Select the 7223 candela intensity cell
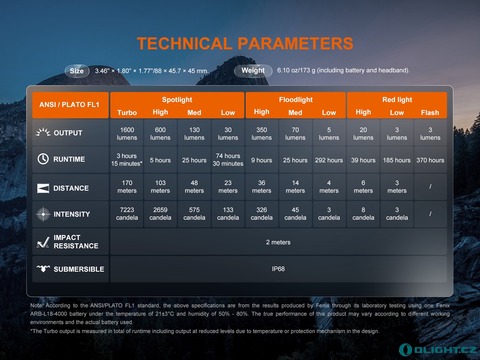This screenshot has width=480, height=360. coord(127,214)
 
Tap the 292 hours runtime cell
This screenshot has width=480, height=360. coord(329,160)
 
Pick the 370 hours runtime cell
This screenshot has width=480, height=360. coord(430,160)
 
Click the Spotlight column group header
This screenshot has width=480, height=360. coord(177,100)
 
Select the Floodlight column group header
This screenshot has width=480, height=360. coord(296,100)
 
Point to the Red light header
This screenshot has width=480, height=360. coord(397,100)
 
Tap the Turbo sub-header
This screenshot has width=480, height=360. coord(127,113)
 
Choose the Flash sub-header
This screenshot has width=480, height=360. coord(430,113)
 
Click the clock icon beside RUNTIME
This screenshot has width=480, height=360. coord(43,159)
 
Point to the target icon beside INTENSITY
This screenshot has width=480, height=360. coord(43,214)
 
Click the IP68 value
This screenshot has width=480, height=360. coord(278,269)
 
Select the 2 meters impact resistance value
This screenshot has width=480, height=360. coord(278,242)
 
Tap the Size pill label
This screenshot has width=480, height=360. coord(77,71)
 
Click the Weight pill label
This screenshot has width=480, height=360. coord(253,71)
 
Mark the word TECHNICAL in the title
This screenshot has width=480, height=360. coord(185,43)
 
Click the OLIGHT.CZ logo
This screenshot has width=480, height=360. coord(437,350)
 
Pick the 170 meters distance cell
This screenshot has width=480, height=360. coord(127,187)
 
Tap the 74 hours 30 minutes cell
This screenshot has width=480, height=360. coord(228,160)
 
